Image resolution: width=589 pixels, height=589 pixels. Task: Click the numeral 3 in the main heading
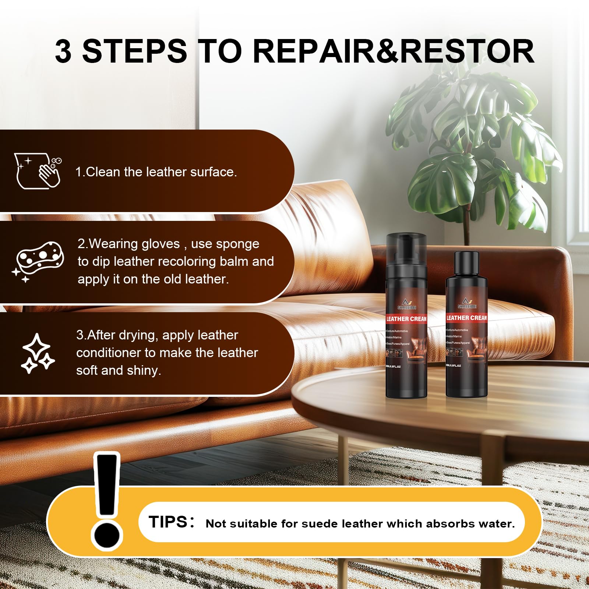(x=63, y=52)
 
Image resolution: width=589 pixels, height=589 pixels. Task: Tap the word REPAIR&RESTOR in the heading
(x=393, y=52)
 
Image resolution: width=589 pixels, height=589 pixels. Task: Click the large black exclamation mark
(x=107, y=501)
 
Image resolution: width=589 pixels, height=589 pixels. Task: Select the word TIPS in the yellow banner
(x=168, y=522)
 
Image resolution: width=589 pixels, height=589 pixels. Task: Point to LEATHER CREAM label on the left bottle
(x=406, y=319)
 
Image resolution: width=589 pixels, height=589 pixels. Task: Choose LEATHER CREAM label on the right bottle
(x=466, y=318)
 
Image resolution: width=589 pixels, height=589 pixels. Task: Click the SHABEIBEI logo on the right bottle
(x=466, y=304)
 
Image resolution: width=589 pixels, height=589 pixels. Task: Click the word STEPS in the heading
(x=134, y=52)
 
